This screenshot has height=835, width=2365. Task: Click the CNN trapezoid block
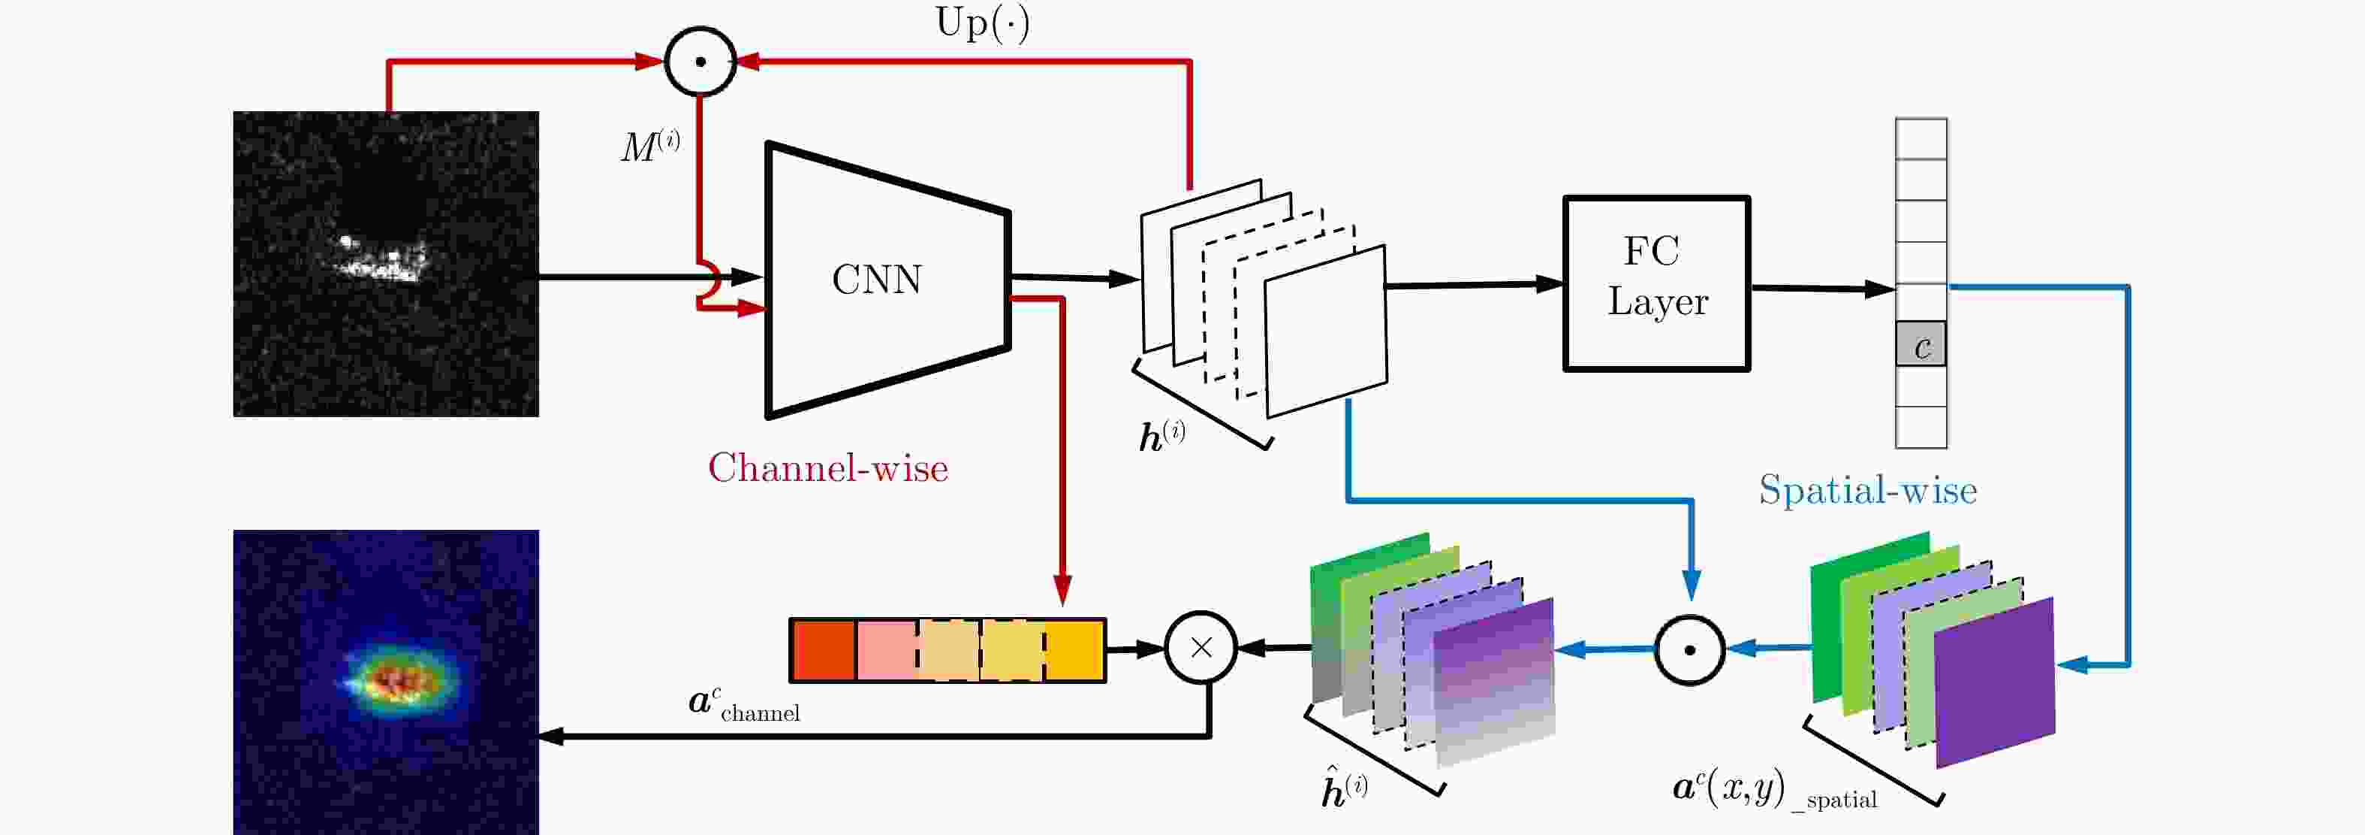(x=887, y=280)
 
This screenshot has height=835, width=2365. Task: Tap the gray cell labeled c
(x=1921, y=344)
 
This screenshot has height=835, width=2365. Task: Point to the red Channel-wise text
(x=827, y=468)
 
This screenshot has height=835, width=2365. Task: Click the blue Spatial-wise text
(x=1867, y=489)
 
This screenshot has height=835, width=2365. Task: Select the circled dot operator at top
(x=700, y=62)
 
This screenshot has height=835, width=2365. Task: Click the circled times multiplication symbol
(x=1201, y=648)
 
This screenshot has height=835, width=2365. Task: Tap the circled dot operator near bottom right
(x=1689, y=649)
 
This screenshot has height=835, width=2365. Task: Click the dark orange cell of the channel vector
(x=824, y=650)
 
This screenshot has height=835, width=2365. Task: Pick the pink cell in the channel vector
(x=886, y=650)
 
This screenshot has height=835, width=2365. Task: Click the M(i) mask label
(x=650, y=146)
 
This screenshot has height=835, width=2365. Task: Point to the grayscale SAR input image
(x=386, y=264)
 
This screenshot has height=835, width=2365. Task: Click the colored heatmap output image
(x=386, y=682)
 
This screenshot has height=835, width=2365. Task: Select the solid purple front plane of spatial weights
(x=1994, y=682)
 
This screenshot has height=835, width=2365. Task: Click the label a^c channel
(x=743, y=706)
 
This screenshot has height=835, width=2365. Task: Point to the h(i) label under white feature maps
(x=1161, y=435)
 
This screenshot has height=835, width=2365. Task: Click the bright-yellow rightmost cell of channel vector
(x=1074, y=650)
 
